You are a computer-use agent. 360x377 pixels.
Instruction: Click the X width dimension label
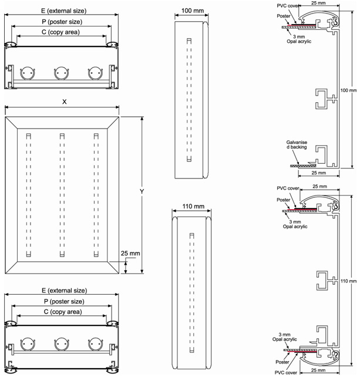[x=64, y=102]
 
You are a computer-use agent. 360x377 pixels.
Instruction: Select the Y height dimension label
[x=142, y=191]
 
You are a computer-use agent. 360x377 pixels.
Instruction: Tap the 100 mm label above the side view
[x=193, y=11]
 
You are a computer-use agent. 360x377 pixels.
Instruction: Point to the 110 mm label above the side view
[x=193, y=206]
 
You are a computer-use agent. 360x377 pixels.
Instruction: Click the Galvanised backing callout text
[x=297, y=144]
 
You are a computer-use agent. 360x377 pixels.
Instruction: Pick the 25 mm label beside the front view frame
[x=130, y=253]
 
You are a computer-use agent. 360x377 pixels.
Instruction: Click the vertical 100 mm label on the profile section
[x=348, y=90]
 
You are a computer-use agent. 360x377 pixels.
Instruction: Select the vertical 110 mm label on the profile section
[x=348, y=281]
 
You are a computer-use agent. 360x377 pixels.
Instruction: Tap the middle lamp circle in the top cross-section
[x=62, y=73]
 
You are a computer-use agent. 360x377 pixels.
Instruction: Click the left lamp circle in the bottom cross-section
[x=28, y=344]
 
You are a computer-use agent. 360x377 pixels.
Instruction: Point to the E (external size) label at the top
[x=64, y=11]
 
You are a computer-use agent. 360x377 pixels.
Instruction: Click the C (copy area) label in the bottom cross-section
[x=63, y=312]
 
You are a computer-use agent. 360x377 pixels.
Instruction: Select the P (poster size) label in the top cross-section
[x=62, y=22]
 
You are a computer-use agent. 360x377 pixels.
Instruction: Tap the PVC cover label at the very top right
[x=288, y=6]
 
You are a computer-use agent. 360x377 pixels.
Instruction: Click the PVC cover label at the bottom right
[x=286, y=373]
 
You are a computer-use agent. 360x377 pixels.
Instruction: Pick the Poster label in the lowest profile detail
[x=282, y=362]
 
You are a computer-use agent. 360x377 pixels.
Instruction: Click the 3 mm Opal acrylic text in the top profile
[x=299, y=39]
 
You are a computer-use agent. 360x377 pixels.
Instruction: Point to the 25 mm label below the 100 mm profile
[x=319, y=173]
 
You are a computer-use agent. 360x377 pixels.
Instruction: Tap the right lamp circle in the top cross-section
[x=96, y=73]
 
